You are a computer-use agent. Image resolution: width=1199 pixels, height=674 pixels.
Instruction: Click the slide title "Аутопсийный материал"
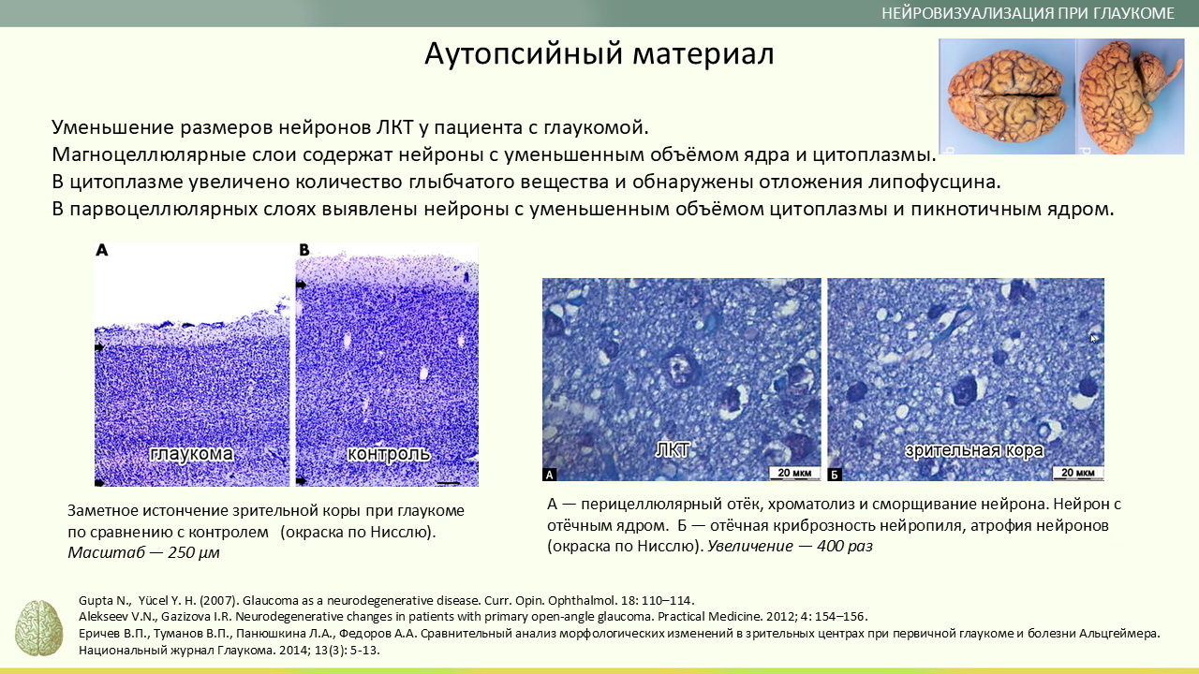pyautogui.click(x=599, y=53)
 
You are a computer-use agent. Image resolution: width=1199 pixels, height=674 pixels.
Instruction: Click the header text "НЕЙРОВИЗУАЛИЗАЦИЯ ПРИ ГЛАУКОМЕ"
pyautogui.click(x=1028, y=13)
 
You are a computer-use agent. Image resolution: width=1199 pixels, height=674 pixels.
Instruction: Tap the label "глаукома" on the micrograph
pyautogui.click(x=192, y=454)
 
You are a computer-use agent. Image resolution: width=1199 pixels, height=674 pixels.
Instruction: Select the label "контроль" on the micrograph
pyautogui.click(x=389, y=454)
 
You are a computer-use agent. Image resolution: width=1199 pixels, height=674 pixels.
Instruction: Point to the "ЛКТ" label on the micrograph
pyautogui.click(x=673, y=450)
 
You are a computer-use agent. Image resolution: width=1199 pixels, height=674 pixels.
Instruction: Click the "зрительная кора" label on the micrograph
pyautogui.click(x=974, y=450)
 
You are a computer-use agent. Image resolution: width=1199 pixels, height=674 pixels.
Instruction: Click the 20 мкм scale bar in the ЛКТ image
pyautogui.click(x=794, y=473)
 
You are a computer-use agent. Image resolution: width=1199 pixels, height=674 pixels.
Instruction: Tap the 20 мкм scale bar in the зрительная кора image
pyautogui.click(x=1078, y=473)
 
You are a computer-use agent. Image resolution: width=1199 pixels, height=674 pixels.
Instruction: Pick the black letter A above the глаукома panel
pyautogui.click(x=102, y=250)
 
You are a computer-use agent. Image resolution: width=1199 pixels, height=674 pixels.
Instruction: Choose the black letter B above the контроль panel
pyautogui.click(x=304, y=250)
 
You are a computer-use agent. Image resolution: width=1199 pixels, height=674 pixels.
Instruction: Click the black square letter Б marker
pyautogui.click(x=835, y=474)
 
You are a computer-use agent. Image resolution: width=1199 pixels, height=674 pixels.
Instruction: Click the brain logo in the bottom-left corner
pyautogui.click(x=38, y=628)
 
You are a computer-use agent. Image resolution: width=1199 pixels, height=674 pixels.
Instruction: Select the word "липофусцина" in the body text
pyautogui.click(x=934, y=182)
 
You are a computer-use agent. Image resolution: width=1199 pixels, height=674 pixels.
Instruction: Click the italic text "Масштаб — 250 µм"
pyautogui.click(x=143, y=552)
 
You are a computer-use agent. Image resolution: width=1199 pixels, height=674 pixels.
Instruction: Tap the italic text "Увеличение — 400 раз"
pyautogui.click(x=790, y=546)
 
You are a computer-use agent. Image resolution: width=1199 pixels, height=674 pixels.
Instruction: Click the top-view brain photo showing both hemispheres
pyautogui.click(x=1006, y=96)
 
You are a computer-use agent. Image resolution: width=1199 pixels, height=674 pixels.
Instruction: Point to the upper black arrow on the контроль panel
pyautogui.click(x=302, y=286)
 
